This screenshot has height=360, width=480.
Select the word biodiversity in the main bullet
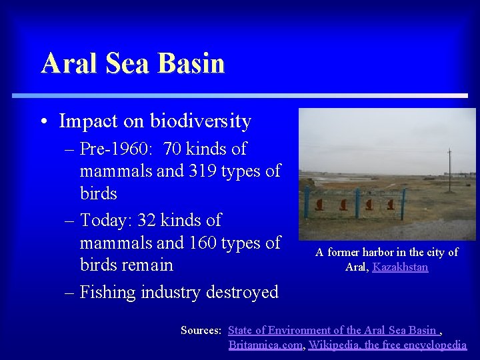click(x=201, y=121)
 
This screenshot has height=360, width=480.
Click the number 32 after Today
click(x=148, y=220)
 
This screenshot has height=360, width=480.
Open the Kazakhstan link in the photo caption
click(x=400, y=267)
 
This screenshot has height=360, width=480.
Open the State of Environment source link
click(x=333, y=330)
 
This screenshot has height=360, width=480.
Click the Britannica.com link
click(x=265, y=345)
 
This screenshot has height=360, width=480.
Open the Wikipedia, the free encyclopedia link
click(x=387, y=345)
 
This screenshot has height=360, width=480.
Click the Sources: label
click(x=201, y=330)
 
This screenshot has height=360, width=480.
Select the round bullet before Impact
click(x=43, y=122)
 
